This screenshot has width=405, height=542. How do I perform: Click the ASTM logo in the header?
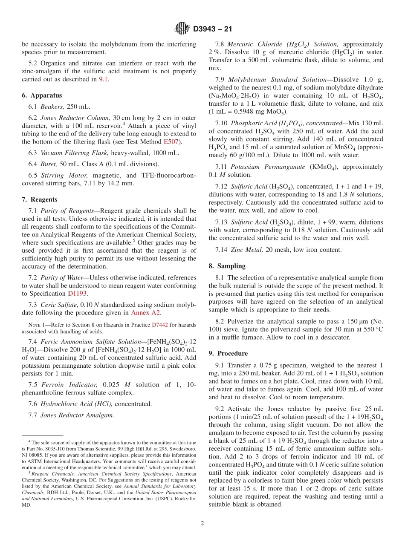[182, 29]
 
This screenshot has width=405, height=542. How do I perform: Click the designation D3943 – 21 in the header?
[212, 29]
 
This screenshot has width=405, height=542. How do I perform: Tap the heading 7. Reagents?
[40, 199]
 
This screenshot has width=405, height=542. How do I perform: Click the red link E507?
[171, 142]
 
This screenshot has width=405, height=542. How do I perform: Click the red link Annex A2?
[146, 313]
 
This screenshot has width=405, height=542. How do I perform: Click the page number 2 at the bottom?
[202, 523]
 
